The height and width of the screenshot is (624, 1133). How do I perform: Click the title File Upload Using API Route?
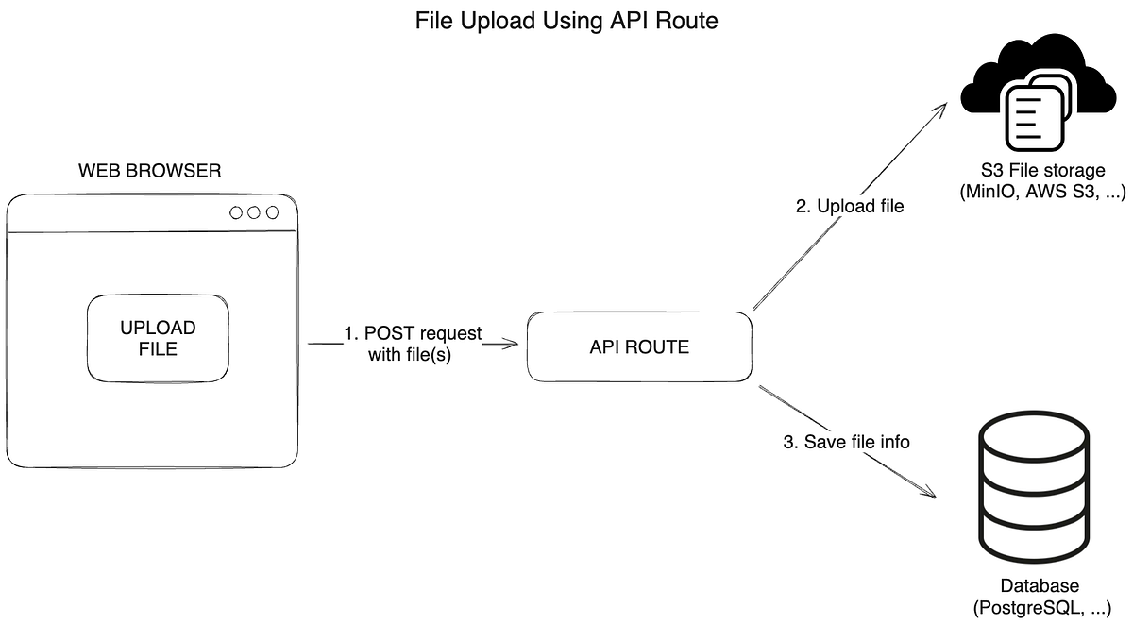[x=566, y=21]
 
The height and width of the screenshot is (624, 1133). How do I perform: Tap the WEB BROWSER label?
[x=150, y=171]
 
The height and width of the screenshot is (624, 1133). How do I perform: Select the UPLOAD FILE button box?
[x=158, y=338]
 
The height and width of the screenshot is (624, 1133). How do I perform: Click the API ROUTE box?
[x=638, y=346]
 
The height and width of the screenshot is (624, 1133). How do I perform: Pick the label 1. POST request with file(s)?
[x=413, y=345]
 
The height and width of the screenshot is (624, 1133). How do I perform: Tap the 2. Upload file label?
[x=850, y=206]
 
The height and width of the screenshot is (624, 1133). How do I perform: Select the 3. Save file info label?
[x=847, y=441]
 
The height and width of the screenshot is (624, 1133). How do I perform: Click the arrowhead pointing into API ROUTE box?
[x=514, y=345]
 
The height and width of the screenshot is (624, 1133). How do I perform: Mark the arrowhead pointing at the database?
[x=928, y=494]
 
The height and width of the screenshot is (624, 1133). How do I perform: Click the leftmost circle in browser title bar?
[x=236, y=212]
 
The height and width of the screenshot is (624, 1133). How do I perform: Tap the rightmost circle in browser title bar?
[x=273, y=212]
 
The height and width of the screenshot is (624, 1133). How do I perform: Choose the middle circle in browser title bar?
[x=254, y=212]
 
